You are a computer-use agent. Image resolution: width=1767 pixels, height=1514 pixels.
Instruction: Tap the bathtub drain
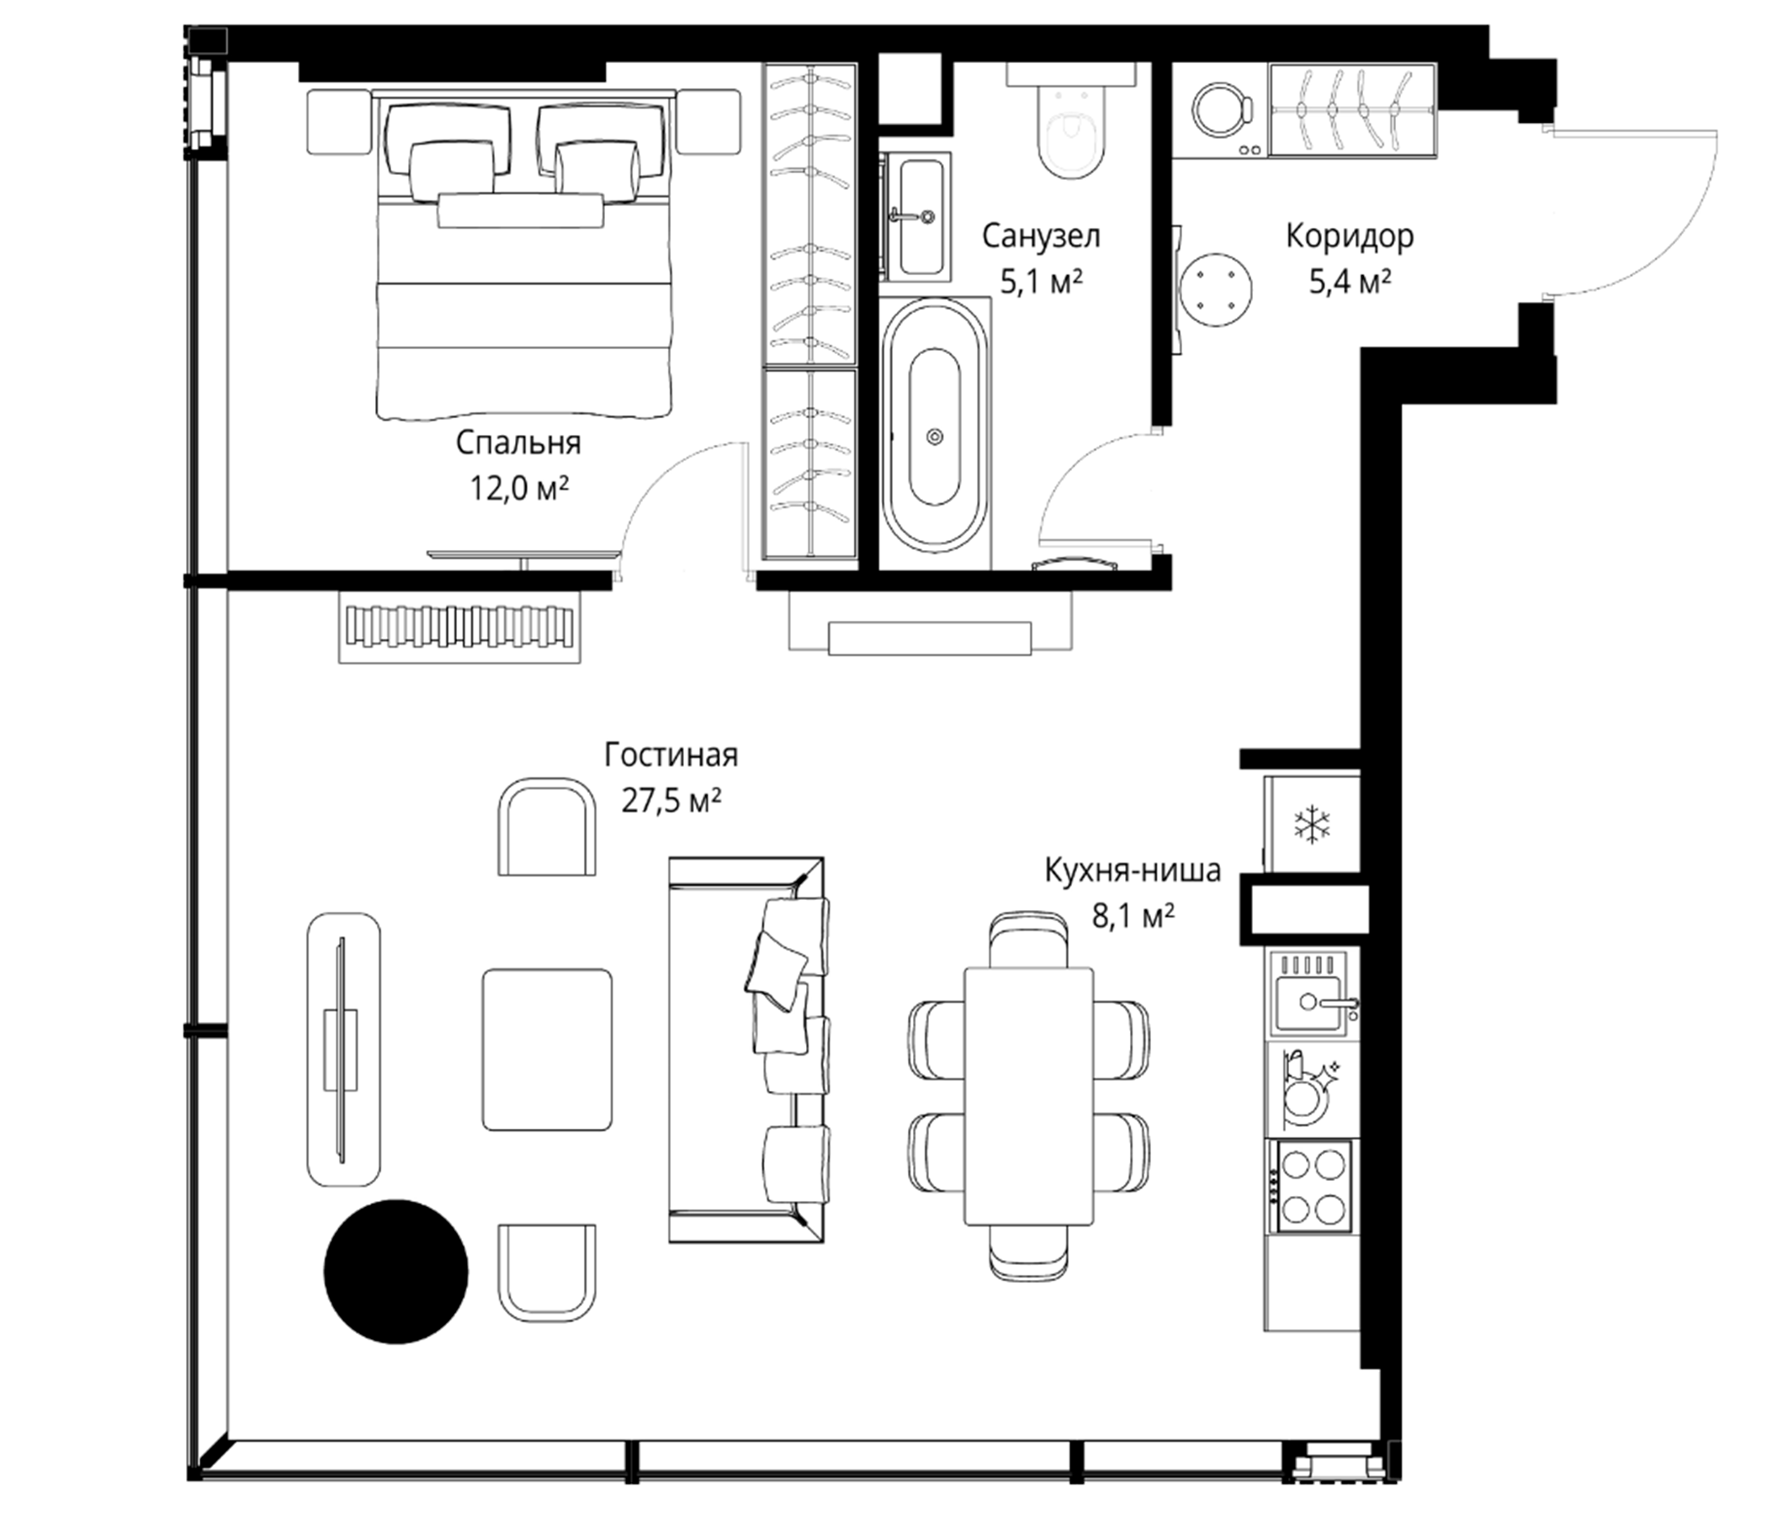935,437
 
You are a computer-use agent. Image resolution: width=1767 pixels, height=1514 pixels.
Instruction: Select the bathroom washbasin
916,216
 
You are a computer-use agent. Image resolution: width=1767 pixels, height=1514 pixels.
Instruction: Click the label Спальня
517,443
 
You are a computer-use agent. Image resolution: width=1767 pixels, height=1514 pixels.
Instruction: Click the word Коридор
1349,236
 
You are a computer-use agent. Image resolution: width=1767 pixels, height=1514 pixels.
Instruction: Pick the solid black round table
395,1271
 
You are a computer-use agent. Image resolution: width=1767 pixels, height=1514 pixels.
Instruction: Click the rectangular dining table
1028,1096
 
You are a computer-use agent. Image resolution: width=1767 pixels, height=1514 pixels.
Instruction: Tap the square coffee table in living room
548,1050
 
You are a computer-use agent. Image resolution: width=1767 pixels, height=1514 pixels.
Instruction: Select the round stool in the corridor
1218,289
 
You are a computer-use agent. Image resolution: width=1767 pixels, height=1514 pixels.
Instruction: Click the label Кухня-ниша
1133,871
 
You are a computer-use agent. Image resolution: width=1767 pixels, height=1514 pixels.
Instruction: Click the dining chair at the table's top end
1029,940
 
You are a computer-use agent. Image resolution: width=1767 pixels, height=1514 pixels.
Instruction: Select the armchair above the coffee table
547,826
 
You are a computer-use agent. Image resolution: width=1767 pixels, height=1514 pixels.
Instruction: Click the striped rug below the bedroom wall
459,627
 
